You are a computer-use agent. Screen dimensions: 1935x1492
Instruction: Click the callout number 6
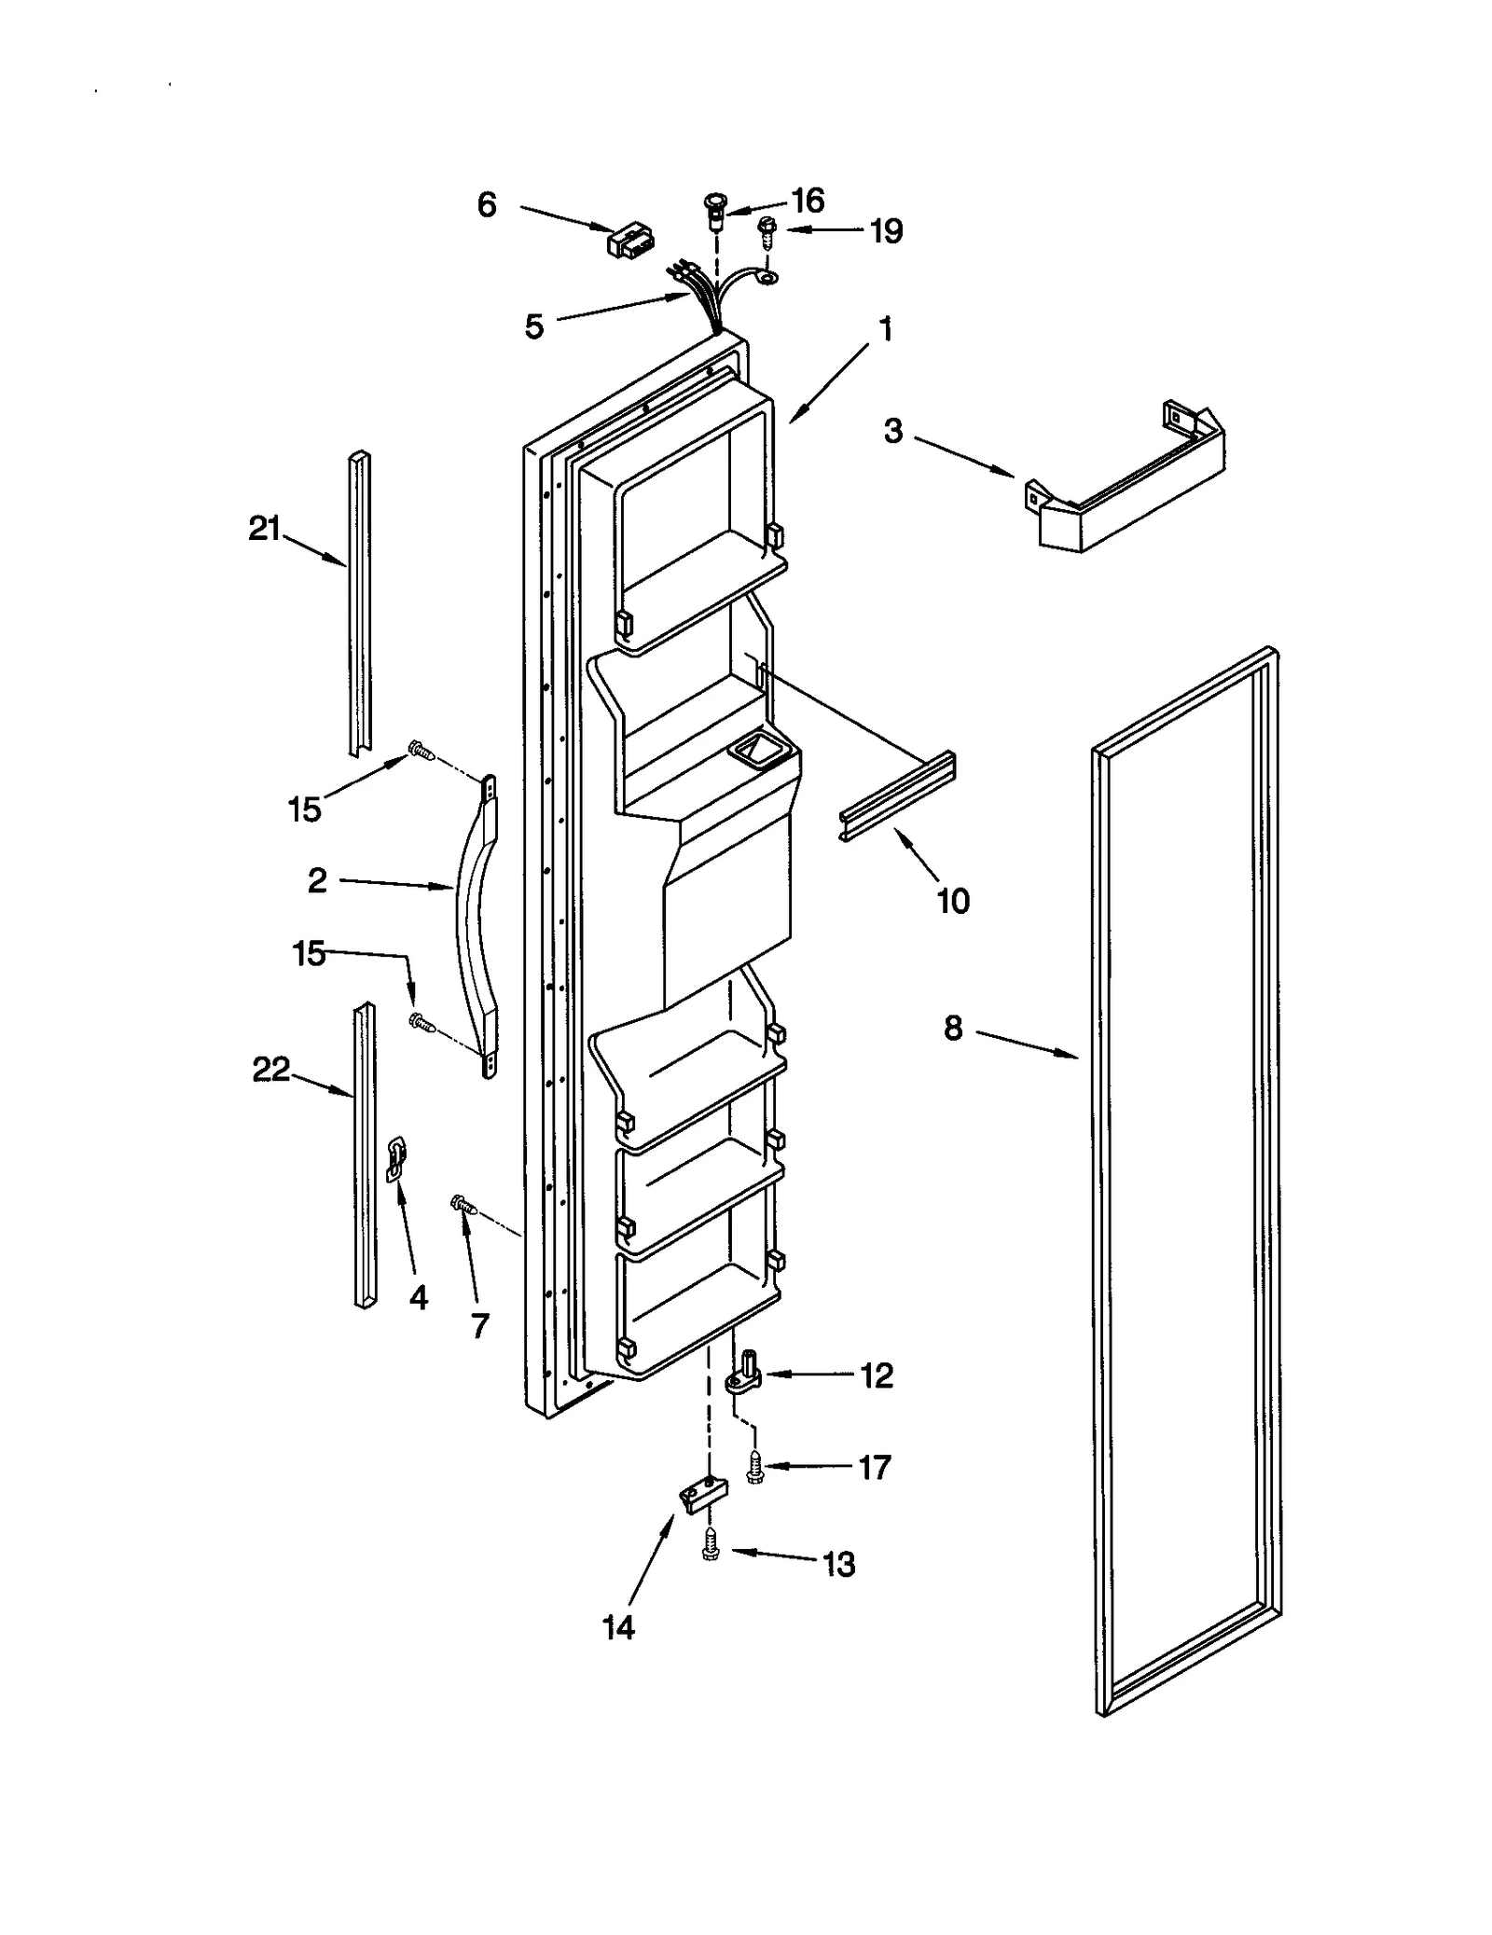[487, 205]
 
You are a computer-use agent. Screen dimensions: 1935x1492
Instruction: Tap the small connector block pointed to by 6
[629, 240]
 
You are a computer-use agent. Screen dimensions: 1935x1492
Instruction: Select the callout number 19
[886, 230]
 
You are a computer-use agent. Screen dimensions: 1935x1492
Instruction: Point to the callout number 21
[264, 530]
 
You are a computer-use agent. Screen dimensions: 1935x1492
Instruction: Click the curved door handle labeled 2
[476, 923]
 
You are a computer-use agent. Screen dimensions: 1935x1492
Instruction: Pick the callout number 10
[953, 901]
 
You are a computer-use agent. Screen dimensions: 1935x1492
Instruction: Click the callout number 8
[952, 1029]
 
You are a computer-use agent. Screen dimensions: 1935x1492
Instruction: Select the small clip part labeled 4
[395, 1159]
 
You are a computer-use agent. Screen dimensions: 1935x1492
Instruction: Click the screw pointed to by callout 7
[463, 1206]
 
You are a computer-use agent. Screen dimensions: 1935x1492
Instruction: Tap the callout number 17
[875, 1468]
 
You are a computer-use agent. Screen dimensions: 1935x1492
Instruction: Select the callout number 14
[618, 1628]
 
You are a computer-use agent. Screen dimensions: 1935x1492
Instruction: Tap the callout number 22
[271, 1070]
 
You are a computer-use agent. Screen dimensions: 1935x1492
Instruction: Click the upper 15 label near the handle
[305, 809]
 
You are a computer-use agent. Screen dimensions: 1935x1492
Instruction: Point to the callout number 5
[533, 326]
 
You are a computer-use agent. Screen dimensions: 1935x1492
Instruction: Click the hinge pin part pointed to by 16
[715, 211]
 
